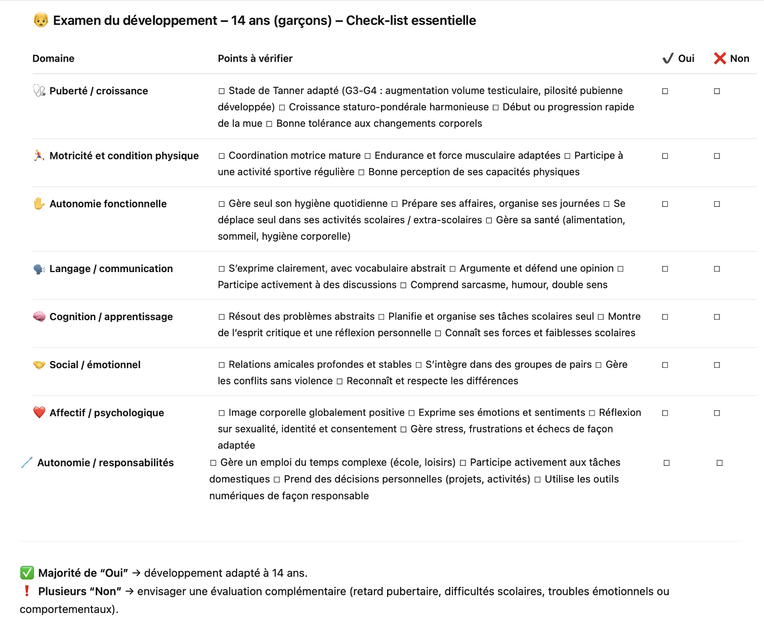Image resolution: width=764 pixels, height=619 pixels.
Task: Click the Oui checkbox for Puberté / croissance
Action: tap(665, 92)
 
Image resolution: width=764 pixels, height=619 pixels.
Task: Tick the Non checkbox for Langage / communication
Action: tap(717, 269)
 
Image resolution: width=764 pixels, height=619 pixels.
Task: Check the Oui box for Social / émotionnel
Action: tap(665, 365)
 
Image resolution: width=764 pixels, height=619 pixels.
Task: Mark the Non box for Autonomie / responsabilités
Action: tap(719, 463)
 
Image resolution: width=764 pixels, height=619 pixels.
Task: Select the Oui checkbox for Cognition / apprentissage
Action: tap(665, 317)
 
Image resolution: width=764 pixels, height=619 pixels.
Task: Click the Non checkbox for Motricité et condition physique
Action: tap(717, 156)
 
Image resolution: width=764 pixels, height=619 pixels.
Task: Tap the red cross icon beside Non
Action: tap(719, 59)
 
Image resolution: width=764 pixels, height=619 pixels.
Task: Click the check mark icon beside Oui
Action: tap(668, 59)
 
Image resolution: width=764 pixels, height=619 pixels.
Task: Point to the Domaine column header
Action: tap(53, 59)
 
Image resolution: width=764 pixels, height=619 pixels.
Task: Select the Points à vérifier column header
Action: tap(255, 59)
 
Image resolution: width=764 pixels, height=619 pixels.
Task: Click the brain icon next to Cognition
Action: tap(39, 317)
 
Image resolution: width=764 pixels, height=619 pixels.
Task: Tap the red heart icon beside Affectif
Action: tap(39, 413)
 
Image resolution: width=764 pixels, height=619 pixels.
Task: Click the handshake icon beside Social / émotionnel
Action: tap(39, 365)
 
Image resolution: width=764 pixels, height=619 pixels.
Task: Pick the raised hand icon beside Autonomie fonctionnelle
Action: tap(39, 204)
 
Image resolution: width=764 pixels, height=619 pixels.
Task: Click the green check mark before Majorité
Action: tap(27, 573)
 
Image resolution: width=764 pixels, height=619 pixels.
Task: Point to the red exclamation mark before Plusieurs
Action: tap(27, 591)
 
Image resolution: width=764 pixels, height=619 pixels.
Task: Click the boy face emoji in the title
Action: tap(41, 20)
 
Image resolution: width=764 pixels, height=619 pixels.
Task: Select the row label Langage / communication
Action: tap(111, 269)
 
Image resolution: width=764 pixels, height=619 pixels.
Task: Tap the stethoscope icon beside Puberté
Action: tap(39, 91)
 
